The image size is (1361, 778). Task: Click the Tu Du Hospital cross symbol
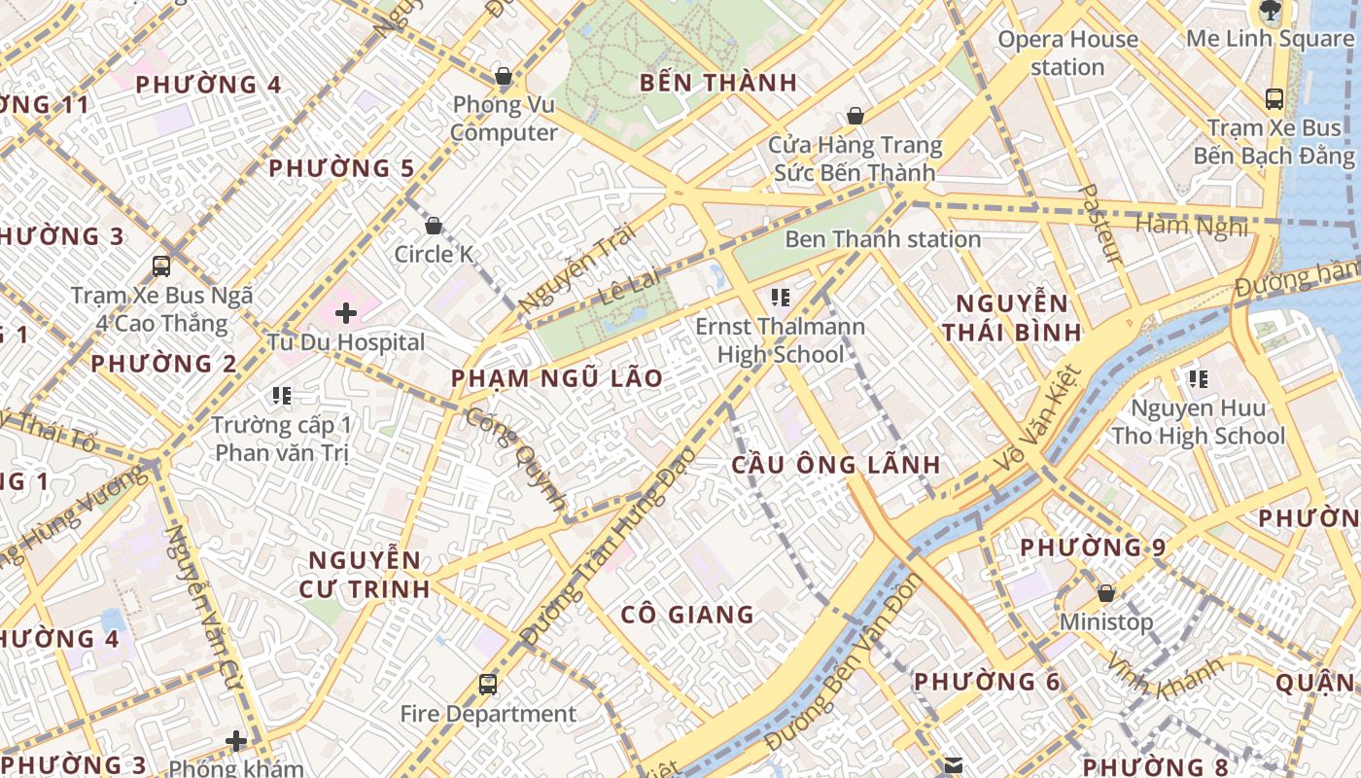click(345, 313)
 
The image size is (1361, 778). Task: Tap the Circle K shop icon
click(434, 226)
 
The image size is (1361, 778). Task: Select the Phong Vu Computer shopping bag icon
click(504, 75)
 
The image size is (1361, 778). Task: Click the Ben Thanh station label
click(882, 239)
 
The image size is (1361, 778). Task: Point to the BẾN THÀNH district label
click(718, 83)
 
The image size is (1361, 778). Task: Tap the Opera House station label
click(1067, 53)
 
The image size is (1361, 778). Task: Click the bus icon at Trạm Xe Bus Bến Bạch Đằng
click(1274, 98)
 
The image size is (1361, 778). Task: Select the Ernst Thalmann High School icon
click(780, 297)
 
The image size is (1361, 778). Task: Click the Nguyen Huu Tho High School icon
click(1198, 378)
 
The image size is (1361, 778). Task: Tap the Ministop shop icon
click(1105, 593)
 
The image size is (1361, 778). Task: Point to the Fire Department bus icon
click(488, 685)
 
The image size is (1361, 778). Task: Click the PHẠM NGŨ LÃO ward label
click(557, 378)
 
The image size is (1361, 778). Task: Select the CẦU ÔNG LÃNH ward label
click(836, 464)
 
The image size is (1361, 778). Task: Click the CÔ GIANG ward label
click(687, 614)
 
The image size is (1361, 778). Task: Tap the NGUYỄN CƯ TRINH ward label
click(365, 574)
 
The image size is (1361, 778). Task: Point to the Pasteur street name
click(1102, 224)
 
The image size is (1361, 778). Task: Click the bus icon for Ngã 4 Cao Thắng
click(161, 265)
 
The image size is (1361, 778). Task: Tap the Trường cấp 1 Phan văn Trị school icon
click(282, 395)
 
